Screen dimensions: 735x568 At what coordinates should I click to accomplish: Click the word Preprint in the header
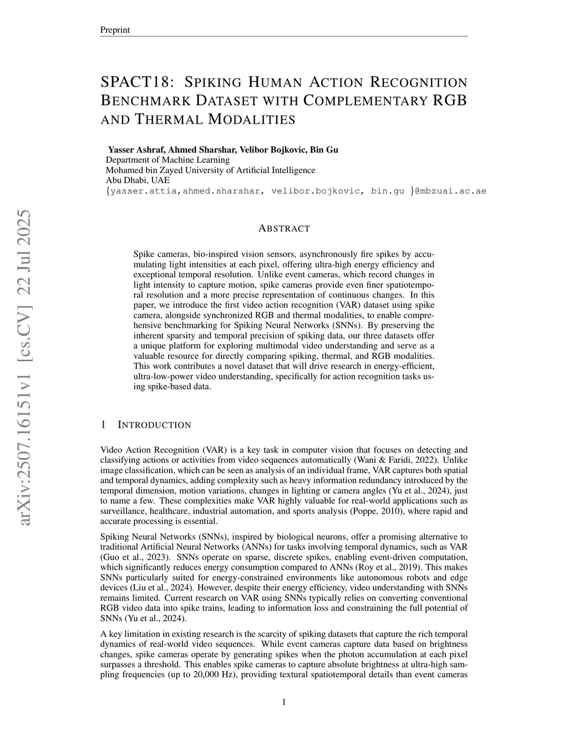[115, 30]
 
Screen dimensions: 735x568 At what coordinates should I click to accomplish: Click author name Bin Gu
[323, 150]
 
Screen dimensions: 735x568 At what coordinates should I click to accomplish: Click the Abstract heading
[284, 229]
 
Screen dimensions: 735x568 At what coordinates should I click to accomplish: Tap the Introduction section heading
[154, 425]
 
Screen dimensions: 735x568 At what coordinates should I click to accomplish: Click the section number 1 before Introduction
[103, 425]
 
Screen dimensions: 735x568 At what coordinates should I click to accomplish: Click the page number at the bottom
[284, 702]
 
